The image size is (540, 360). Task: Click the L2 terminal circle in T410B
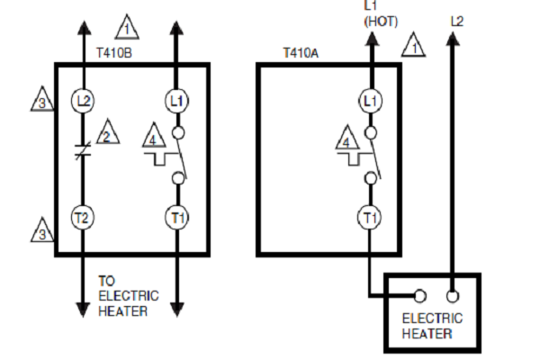(x=83, y=101)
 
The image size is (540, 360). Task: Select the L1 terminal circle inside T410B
(x=176, y=101)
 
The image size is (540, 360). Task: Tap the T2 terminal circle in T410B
(x=82, y=218)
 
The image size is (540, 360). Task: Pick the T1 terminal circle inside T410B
(x=177, y=218)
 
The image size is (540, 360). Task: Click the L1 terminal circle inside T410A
(x=370, y=101)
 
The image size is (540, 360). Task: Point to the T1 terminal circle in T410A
(x=370, y=218)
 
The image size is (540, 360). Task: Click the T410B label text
(x=114, y=53)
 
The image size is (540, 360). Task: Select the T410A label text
(x=301, y=53)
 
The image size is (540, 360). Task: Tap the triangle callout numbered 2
(x=107, y=132)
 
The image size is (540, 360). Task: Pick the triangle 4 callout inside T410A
(x=347, y=138)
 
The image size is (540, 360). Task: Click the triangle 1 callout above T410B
(x=127, y=27)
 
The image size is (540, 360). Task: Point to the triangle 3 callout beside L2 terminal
(x=42, y=99)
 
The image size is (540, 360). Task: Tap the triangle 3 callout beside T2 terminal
(x=42, y=230)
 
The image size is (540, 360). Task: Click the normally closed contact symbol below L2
(x=83, y=150)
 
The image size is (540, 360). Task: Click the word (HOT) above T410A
(x=381, y=22)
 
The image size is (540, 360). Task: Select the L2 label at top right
(x=457, y=22)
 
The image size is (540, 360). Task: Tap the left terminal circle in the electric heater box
(x=419, y=296)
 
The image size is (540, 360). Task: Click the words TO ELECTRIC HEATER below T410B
(x=129, y=296)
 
